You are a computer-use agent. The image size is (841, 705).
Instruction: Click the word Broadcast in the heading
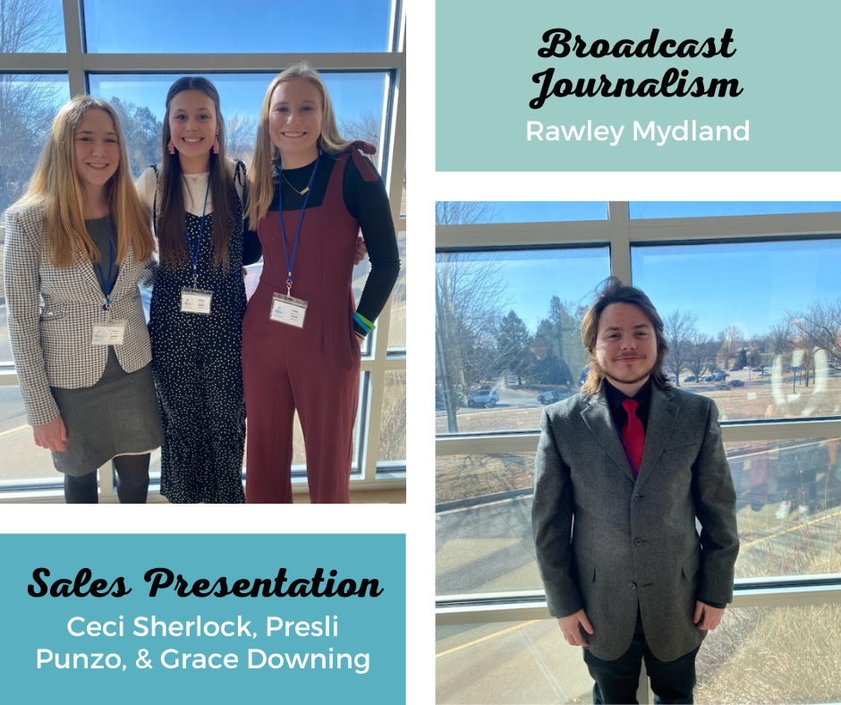click(637, 44)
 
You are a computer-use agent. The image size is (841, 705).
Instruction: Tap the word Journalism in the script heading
click(636, 88)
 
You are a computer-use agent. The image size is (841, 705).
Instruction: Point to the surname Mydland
click(691, 132)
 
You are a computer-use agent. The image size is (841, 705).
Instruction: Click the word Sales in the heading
click(79, 582)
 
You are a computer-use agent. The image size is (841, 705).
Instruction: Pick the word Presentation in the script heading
click(263, 582)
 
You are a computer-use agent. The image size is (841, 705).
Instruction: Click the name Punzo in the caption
click(81, 659)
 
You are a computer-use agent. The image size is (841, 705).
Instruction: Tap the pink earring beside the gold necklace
click(216, 145)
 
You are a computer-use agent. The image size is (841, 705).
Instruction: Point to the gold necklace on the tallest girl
click(296, 184)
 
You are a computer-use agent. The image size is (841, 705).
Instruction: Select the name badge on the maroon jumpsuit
click(289, 310)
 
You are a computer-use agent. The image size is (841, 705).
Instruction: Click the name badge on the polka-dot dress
click(196, 301)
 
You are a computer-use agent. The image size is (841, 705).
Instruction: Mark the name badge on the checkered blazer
click(108, 332)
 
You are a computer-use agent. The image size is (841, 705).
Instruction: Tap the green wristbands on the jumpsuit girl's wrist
click(363, 323)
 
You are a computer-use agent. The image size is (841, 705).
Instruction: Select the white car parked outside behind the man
click(483, 397)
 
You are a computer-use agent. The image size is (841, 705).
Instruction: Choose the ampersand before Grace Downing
click(144, 659)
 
